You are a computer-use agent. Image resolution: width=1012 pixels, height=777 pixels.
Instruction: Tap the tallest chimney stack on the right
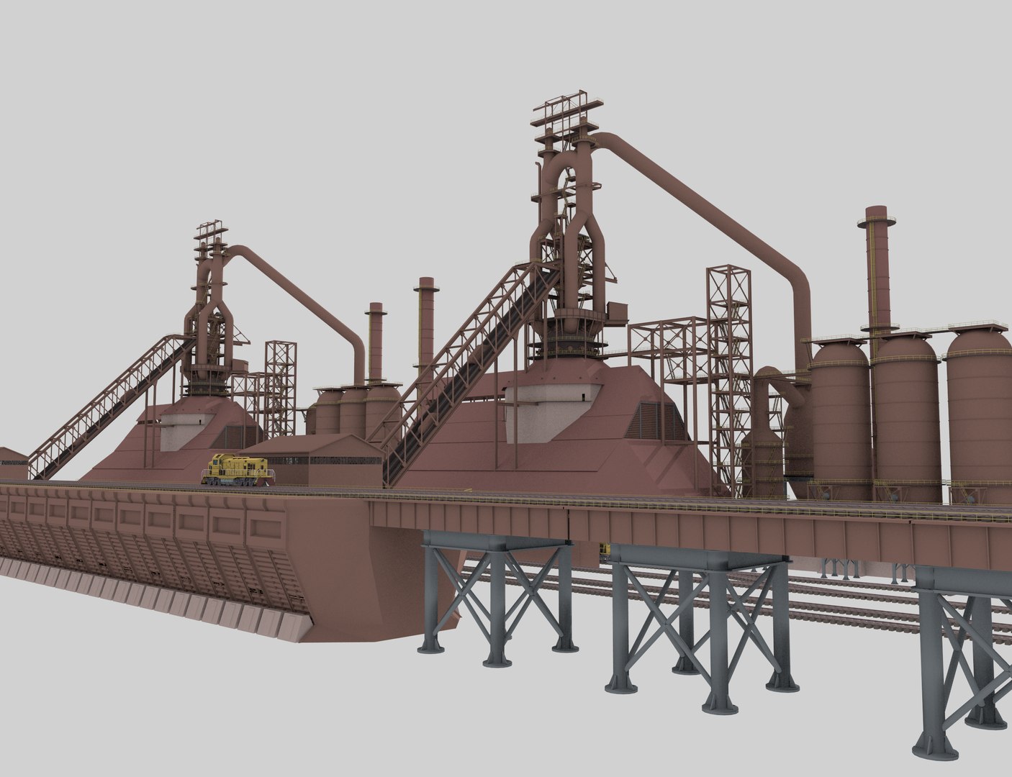tap(877, 273)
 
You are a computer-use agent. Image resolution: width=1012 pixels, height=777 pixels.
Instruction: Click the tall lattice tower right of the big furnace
tap(728, 374)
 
